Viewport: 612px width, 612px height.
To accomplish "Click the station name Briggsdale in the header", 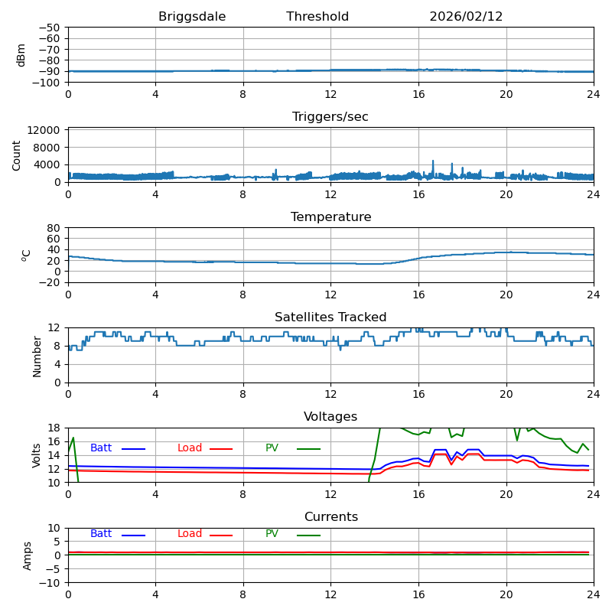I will (x=191, y=17).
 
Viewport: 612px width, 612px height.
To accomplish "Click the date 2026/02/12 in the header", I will (x=466, y=17).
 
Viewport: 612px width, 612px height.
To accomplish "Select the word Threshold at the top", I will (x=317, y=17).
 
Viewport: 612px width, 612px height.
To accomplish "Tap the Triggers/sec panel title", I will (x=330, y=117).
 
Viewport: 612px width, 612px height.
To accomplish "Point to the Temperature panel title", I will (x=330, y=217).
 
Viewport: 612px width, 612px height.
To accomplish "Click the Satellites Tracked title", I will (x=330, y=317).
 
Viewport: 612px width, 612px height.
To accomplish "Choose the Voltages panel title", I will (x=330, y=417).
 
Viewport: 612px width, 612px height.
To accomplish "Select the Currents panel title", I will (x=330, y=517).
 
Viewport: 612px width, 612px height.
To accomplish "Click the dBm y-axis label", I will (x=21, y=54).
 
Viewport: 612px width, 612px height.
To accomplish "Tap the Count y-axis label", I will (x=18, y=155).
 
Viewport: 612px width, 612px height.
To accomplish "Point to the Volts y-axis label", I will (x=37, y=455).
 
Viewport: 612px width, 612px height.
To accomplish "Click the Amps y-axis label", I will (x=28, y=555).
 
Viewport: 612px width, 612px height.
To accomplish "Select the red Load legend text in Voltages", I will (x=190, y=448).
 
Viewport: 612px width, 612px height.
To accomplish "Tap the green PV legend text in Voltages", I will (x=272, y=448).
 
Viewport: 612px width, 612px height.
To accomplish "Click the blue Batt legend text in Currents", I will (x=101, y=534).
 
